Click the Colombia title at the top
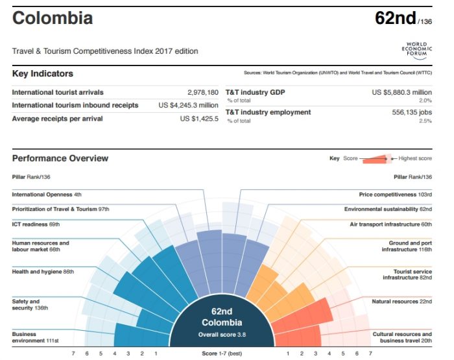pos(53,18)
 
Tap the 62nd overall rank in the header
pos(396,18)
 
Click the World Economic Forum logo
pos(416,49)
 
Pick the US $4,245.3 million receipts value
pos(188,105)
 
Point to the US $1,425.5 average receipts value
pos(199,119)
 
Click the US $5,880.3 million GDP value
pos(401,93)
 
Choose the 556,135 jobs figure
pos(407,112)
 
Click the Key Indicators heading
pos(43,74)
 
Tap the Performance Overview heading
pos(60,158)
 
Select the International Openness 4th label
pos(47,194)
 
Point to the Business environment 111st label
pos(35,337)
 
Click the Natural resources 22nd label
pos(401,302)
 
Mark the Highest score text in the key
pos(415,158)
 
